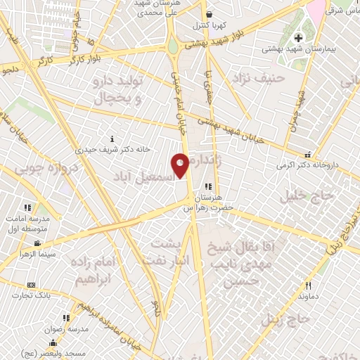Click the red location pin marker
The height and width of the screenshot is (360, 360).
click(181, 166)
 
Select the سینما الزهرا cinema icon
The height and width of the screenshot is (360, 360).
click(37, 243)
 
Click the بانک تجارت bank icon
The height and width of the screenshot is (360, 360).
click(31, 285)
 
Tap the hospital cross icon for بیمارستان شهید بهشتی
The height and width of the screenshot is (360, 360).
click(298, 37)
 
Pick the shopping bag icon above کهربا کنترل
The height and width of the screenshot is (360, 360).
click(209, 15)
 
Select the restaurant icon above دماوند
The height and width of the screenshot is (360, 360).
click(308, 285)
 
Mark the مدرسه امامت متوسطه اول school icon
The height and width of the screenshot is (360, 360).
click(28, 207)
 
